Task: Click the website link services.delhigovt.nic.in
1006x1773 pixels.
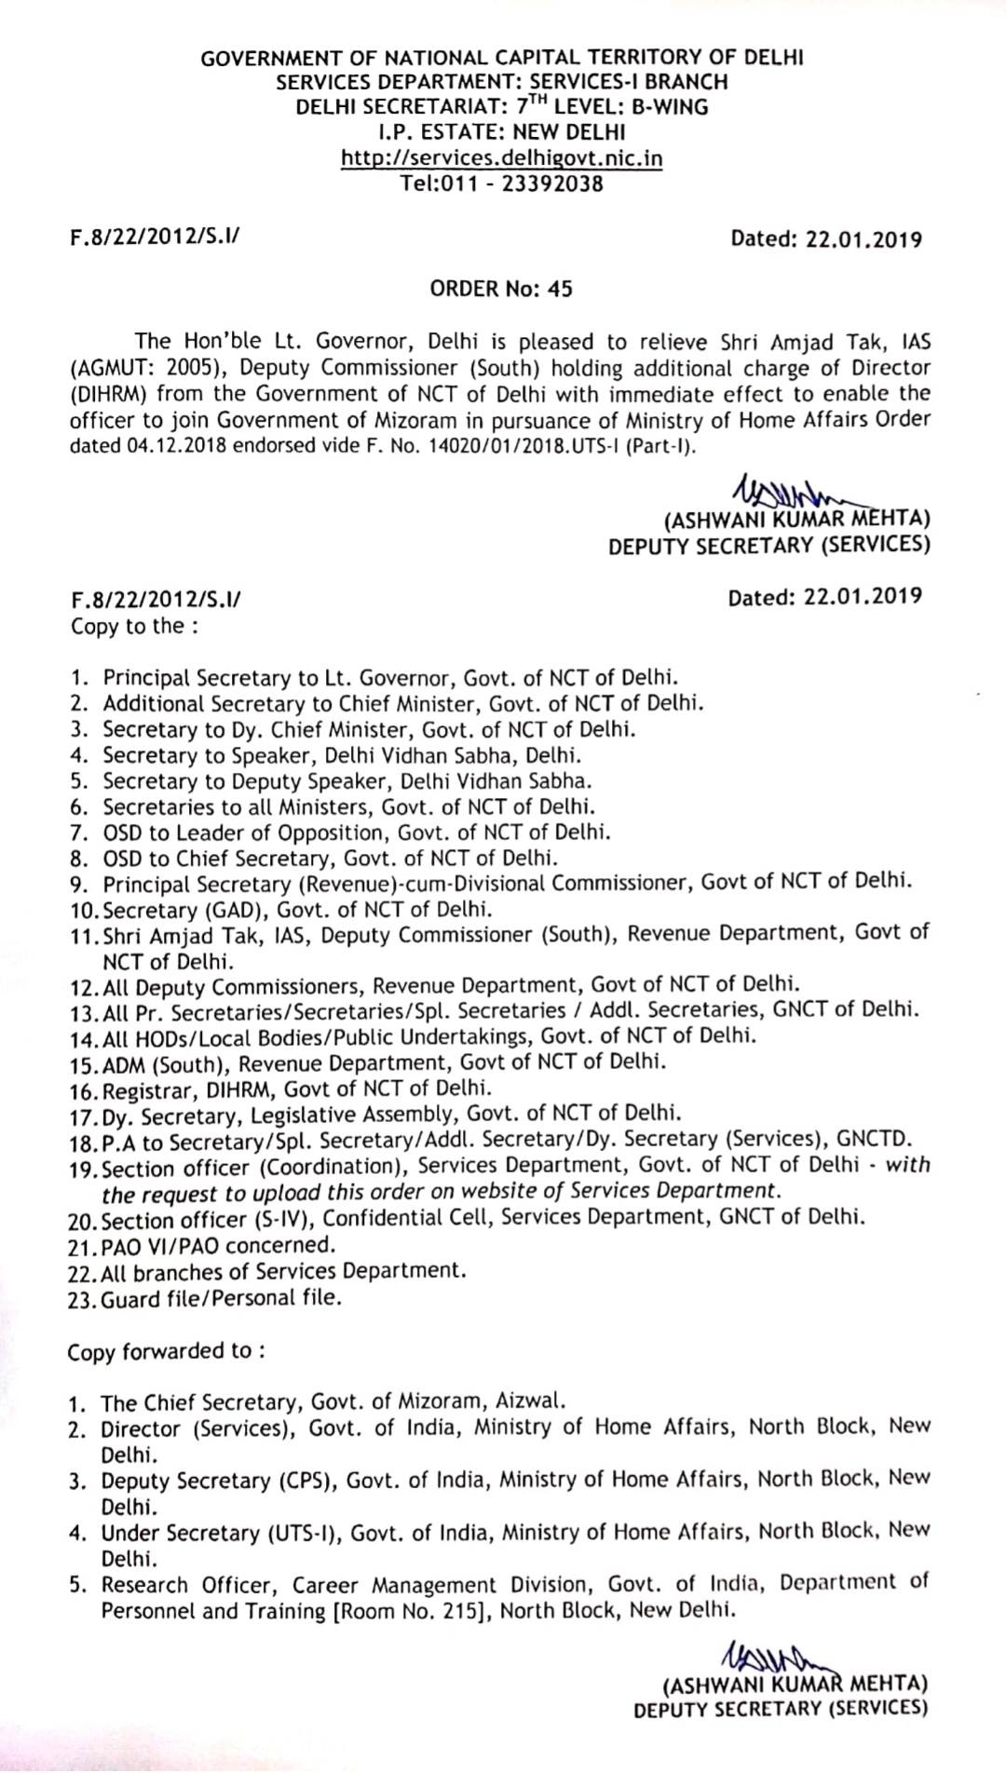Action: click(502, 157)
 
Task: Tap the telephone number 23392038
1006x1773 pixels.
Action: click(552, 183)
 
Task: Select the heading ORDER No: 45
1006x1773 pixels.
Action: click(501, 289)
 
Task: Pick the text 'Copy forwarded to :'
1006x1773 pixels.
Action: click(165, 1351)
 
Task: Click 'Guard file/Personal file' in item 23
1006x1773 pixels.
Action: click(221, 1297)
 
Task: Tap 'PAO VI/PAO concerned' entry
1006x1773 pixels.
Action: click(216, 1245)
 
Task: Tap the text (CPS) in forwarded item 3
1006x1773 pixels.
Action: click(314, 1481)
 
